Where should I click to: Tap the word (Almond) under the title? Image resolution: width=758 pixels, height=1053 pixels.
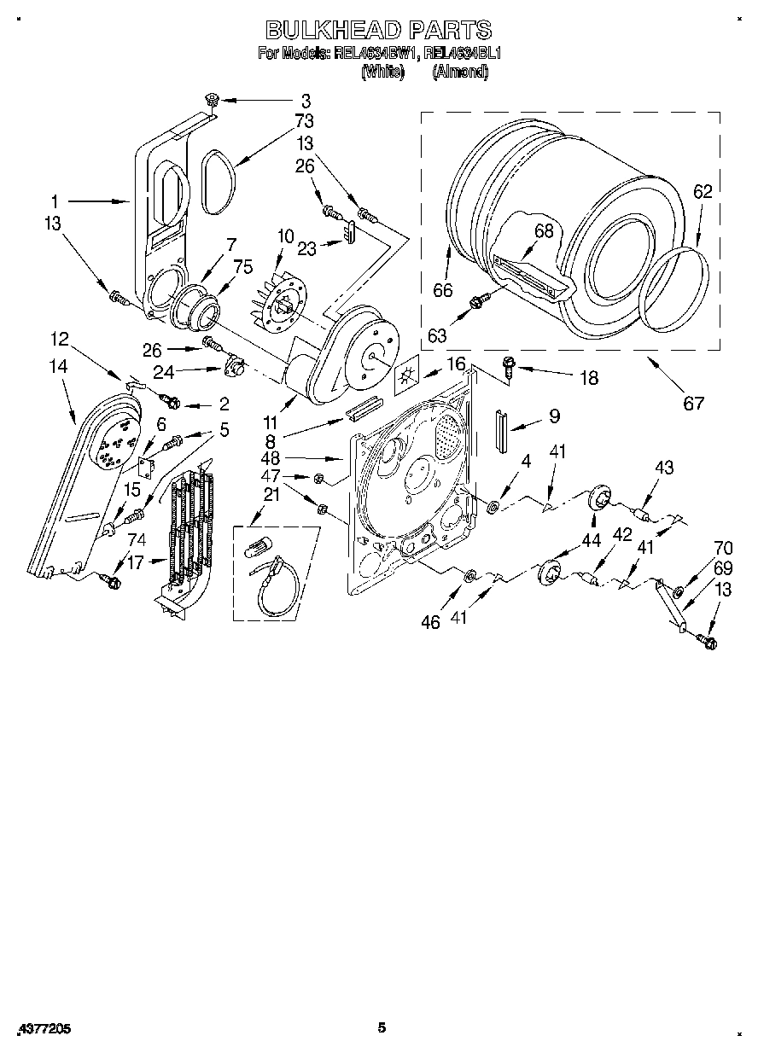pyautogui.click(x=461, y=72)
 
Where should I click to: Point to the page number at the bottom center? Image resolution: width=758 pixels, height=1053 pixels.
pyautogui.click(x=382, y=1027)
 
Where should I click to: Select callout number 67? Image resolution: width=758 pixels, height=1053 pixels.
pyautogui.click(x=694, y=402)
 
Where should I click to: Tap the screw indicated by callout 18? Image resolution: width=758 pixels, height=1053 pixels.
pyautogui.click(x=506, y=366)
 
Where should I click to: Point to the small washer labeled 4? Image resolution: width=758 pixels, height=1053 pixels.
pyautogui.click(x=493, y=509)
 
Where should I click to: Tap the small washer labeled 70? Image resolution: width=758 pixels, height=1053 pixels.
pyautogui.click(x=679, y=591)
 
